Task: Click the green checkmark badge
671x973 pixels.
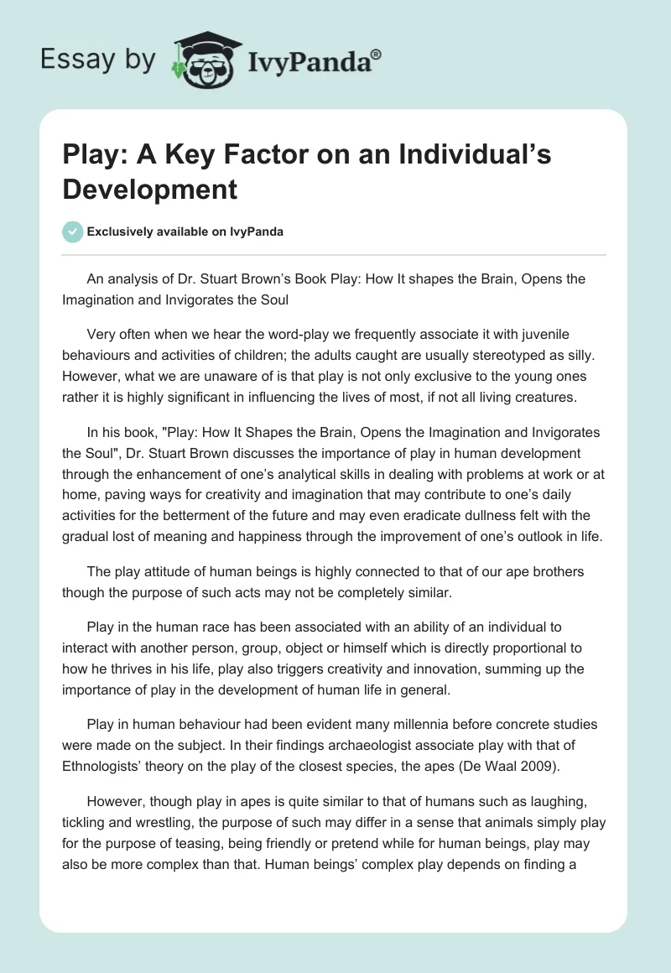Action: (x=73, y=232)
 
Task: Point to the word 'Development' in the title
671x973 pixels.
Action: (x=149, y=189)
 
